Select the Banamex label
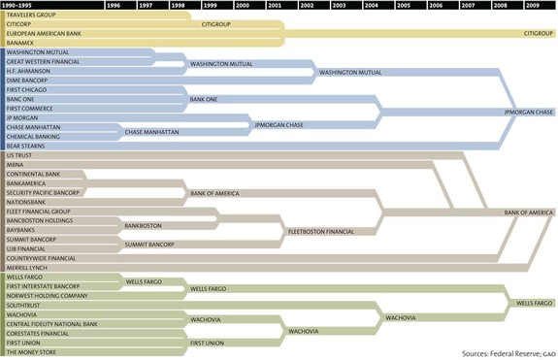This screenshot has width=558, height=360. pos(19,43)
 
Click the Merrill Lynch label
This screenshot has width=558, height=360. pos(26,268)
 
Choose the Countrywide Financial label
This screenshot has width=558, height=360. pos(41,258)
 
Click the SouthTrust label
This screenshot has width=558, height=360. pos(23,305)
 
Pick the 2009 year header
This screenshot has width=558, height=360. pos(534,5)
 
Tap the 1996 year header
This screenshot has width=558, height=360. pos(114,5)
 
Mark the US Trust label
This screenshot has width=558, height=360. pos(18,155)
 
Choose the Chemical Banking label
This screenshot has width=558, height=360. pos(33,137)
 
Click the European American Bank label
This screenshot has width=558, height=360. pos(45,34)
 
